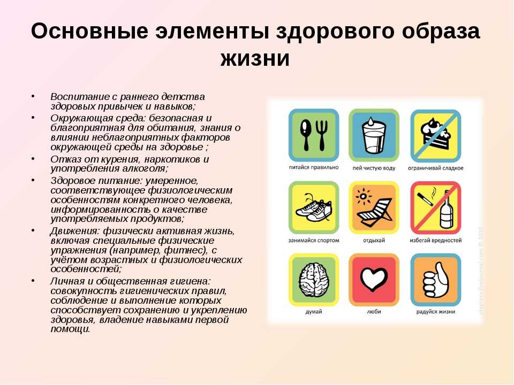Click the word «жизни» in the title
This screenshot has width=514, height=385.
point(255,59)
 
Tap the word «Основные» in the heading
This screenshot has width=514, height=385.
point(89,31)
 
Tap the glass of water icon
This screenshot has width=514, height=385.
point(374,136)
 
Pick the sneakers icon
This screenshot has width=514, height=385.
point(313,208)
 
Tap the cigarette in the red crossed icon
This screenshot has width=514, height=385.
point(425,199)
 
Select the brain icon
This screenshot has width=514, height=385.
point(314,280)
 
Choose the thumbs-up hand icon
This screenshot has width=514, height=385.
point(436,280)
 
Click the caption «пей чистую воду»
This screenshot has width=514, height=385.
point(374,168)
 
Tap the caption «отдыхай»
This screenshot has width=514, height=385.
point(374,240)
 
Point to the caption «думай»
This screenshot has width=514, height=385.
point(314,312)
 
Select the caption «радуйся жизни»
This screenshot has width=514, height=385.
point(436,312)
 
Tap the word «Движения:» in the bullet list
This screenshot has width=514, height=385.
point(75,232)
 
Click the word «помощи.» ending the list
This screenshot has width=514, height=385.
point(70,329)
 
